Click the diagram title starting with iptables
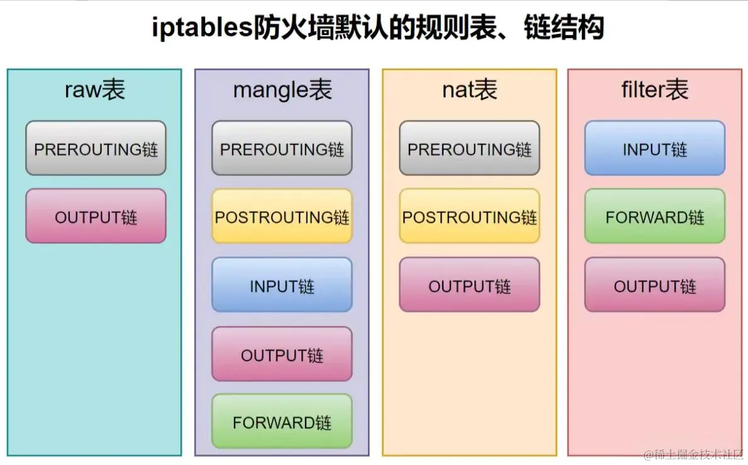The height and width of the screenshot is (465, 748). click(x=378, y=28)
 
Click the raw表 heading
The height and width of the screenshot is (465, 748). click(x=95, y=90)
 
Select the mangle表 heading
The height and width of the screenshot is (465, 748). click(x=282, y=90)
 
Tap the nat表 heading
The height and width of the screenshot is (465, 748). click(x=469, y=90)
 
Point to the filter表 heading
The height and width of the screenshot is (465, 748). click(x=654, y=90)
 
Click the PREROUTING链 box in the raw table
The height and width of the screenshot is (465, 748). click(x=96, y=149)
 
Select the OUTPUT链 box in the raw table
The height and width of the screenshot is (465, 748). click(x=96, y=217)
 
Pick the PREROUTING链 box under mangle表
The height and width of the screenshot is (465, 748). click(x=282, y=149)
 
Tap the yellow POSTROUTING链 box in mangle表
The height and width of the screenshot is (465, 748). click(x=282, y=217)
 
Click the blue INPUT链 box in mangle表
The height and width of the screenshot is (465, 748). click(x=282, y=286)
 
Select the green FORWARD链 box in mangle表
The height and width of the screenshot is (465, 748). click(x=282, y=422)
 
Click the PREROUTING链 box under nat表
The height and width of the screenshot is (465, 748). click(x=469, y=149)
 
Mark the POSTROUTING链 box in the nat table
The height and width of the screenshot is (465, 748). click(x=469, y=217)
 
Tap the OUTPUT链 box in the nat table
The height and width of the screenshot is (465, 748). click(x=469, y=286)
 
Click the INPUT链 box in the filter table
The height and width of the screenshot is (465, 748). click(x=654, y=149)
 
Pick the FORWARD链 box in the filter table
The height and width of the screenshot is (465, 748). click(x=654, y=217)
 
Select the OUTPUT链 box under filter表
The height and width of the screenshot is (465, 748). click(x=654, y=286)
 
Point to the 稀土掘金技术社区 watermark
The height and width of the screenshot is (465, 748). click(x=692, y=454)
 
